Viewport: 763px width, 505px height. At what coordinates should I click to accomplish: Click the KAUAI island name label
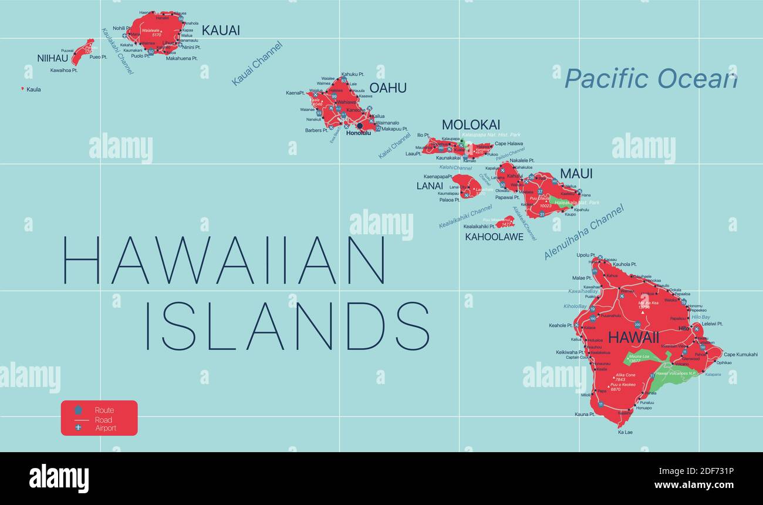coord(221,31)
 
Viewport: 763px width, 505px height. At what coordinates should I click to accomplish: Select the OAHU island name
coord(387,88)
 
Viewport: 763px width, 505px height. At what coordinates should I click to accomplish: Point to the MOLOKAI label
coord(471,124)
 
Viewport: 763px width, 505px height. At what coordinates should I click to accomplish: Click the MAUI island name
coord(576,174)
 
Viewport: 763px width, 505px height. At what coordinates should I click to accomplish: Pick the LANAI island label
coord(430,186)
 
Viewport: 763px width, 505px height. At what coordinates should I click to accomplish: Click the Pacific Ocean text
coord(650,79)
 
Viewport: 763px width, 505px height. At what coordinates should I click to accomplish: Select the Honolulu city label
coord(359,133)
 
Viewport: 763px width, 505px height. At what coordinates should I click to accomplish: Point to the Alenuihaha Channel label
coord(583,232)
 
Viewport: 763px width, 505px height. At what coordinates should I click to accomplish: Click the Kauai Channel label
coord(257,63)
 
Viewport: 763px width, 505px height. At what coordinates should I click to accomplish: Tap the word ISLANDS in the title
coord(287,326)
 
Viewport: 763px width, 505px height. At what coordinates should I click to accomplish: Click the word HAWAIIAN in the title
coord(224,260)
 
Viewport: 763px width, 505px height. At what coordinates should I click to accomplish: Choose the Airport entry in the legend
coord(106,428)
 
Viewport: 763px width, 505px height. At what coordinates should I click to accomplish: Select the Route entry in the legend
coord(104,410)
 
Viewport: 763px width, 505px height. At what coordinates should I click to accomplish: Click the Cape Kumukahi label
coord(740,355)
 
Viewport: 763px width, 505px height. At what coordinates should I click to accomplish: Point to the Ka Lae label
coord(625,432)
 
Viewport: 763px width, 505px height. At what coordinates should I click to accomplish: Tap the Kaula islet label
coord(33,90)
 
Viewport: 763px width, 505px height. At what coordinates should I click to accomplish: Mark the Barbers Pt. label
coord(316,130)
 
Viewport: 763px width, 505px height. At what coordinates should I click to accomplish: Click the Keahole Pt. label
coord(561,325)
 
